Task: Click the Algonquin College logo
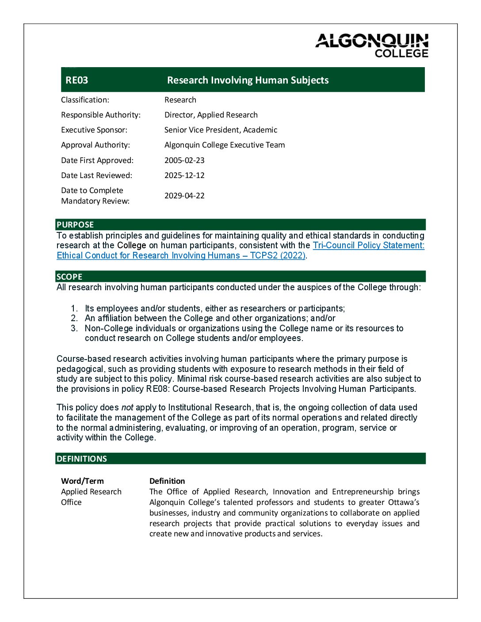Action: pyautogui.click(x=372, y=46)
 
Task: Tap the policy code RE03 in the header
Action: pyautogui.click(x=77, y=80)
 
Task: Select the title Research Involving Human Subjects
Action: pyautogui.click(x=248, y=80)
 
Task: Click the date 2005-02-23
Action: pyautogui.click(x=184, y=160)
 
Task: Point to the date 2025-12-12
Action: pyautogui.click(x=184, y=175)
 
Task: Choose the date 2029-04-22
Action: pyautogui.click(x=184, y=196)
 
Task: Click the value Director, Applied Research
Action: pyautogui.click(x=211, y=115)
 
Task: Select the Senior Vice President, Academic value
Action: pyautogui.click(x=221, y=130)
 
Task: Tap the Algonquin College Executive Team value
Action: pyautogui.click(x=225, y=145)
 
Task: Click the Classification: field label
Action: pyautogui.click(x=85, y=100)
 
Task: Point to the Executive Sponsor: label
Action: pyautogui.click(x=94, y=130)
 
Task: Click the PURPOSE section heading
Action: pyautogui.click(x=75, y=224)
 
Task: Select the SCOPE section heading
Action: pyautogui.click(x=69, y=277)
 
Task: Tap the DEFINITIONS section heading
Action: pyautogui.click(x=82, y=459)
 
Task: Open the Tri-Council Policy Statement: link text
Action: pyautogui.click(x=368, y=246)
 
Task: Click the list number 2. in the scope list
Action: pyautogui.click(x=74, y=319)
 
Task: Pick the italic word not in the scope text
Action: pyautogui.click(x=127, y=408)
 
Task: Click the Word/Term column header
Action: pyautogui.click(x=82, y=481)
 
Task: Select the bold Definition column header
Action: pyautogui.click(x=167, y=481)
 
